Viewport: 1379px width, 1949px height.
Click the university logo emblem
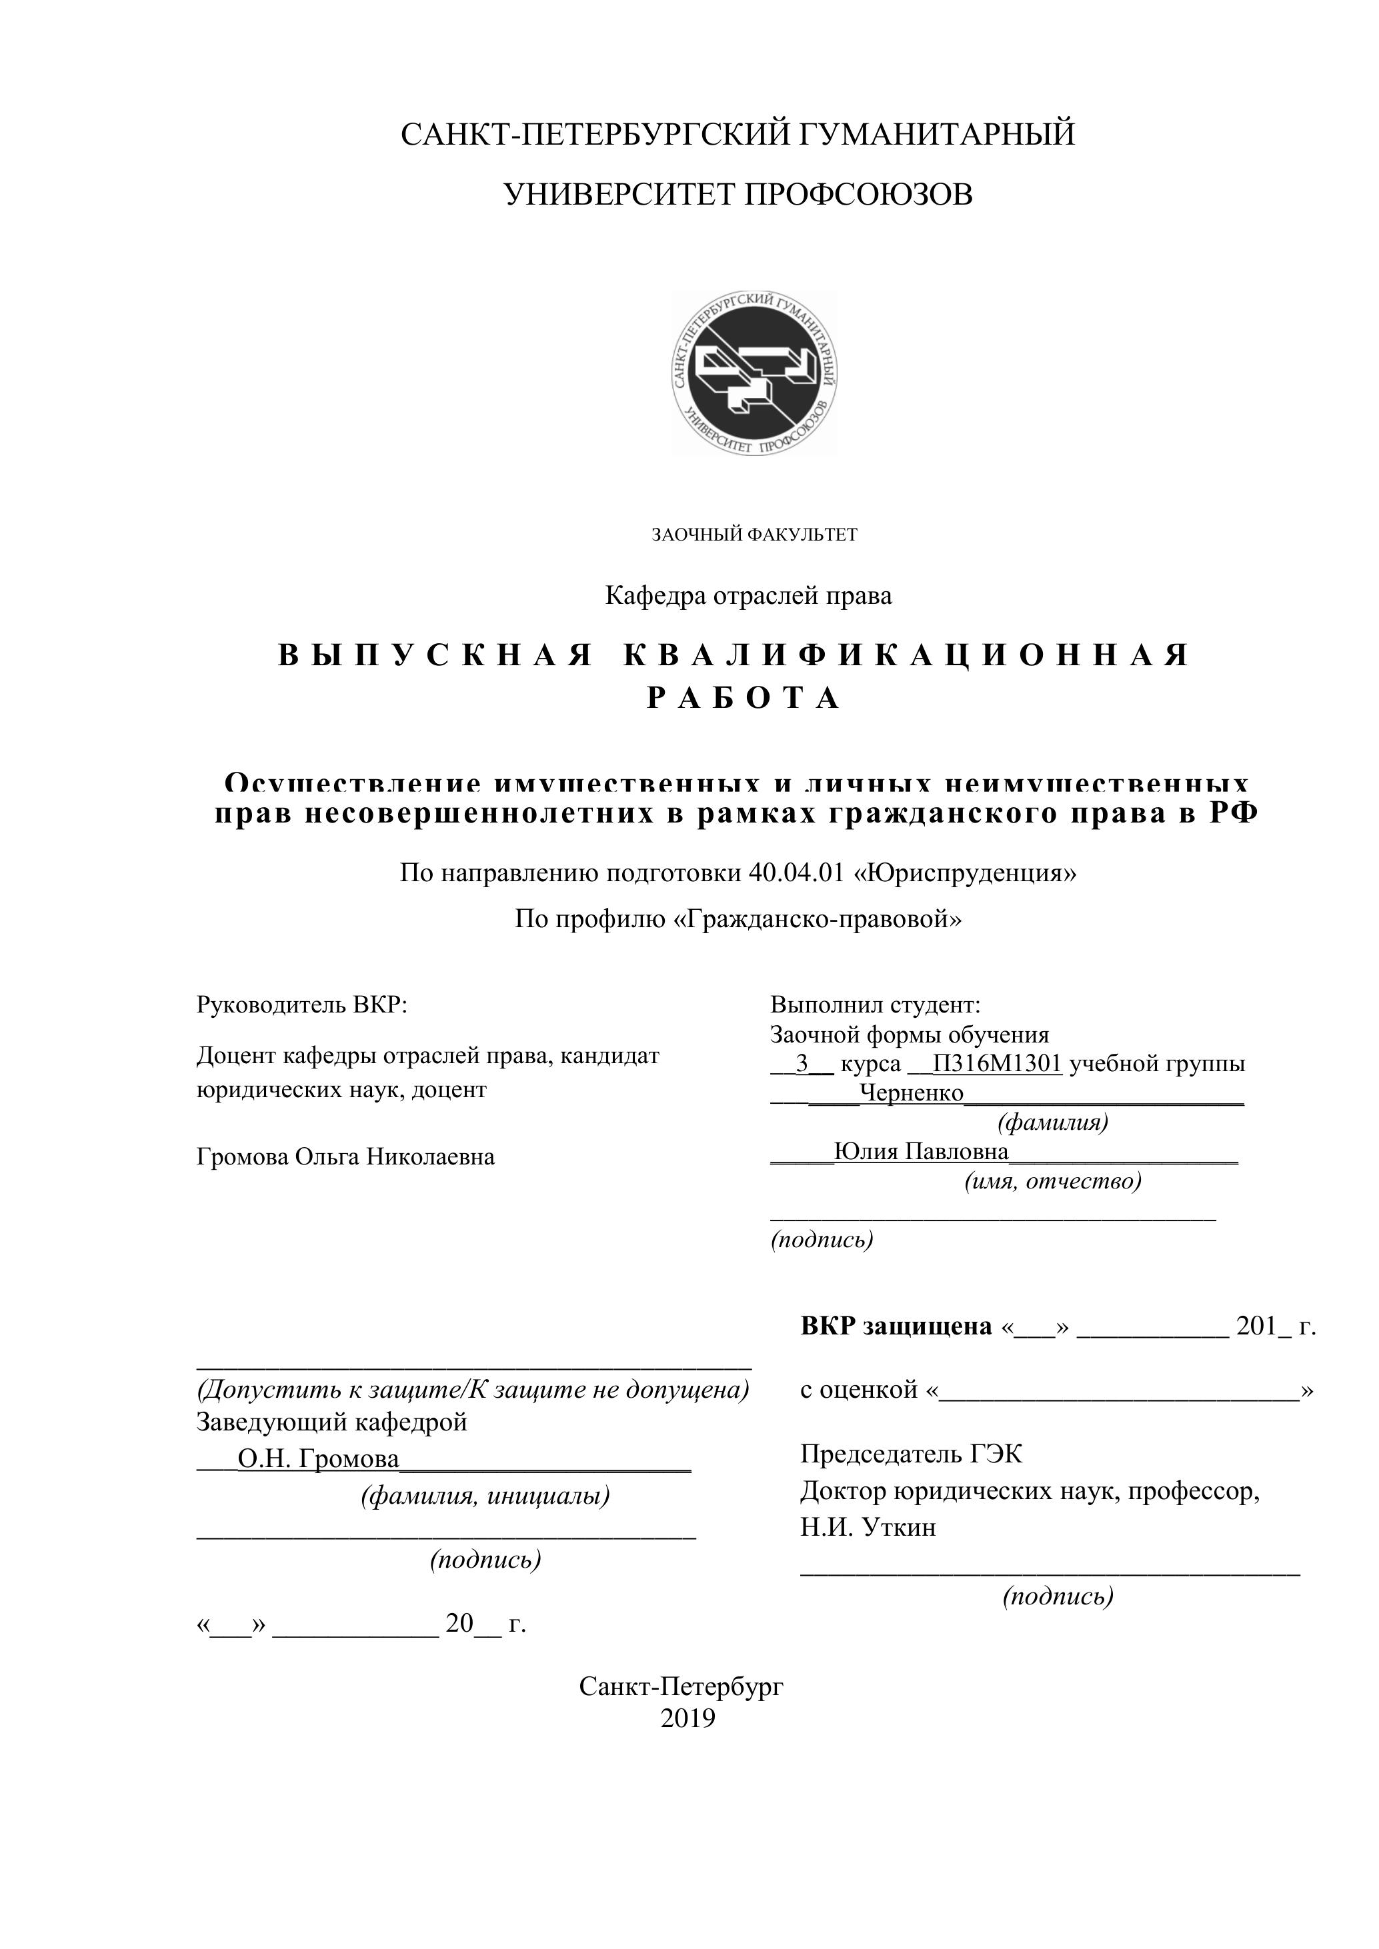(x=755, y=373)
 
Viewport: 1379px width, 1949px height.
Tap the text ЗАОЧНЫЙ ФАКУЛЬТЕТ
(x=754, y=535)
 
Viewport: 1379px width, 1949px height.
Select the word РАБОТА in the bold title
(x=744, y=699)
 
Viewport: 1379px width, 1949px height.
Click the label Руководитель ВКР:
(x=301, y=1005)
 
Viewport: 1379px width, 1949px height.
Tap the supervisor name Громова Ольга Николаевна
(x=345, y=1156)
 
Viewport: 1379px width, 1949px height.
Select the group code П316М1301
(x=997, y=1064)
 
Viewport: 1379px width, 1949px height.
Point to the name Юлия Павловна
(x=922, y=1151)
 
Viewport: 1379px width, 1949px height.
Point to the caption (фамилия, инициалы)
(x=485, y=1495)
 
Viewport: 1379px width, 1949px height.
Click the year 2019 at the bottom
(x=687, y=1718)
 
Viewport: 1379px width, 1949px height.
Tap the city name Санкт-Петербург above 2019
(x=681, y=1686)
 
